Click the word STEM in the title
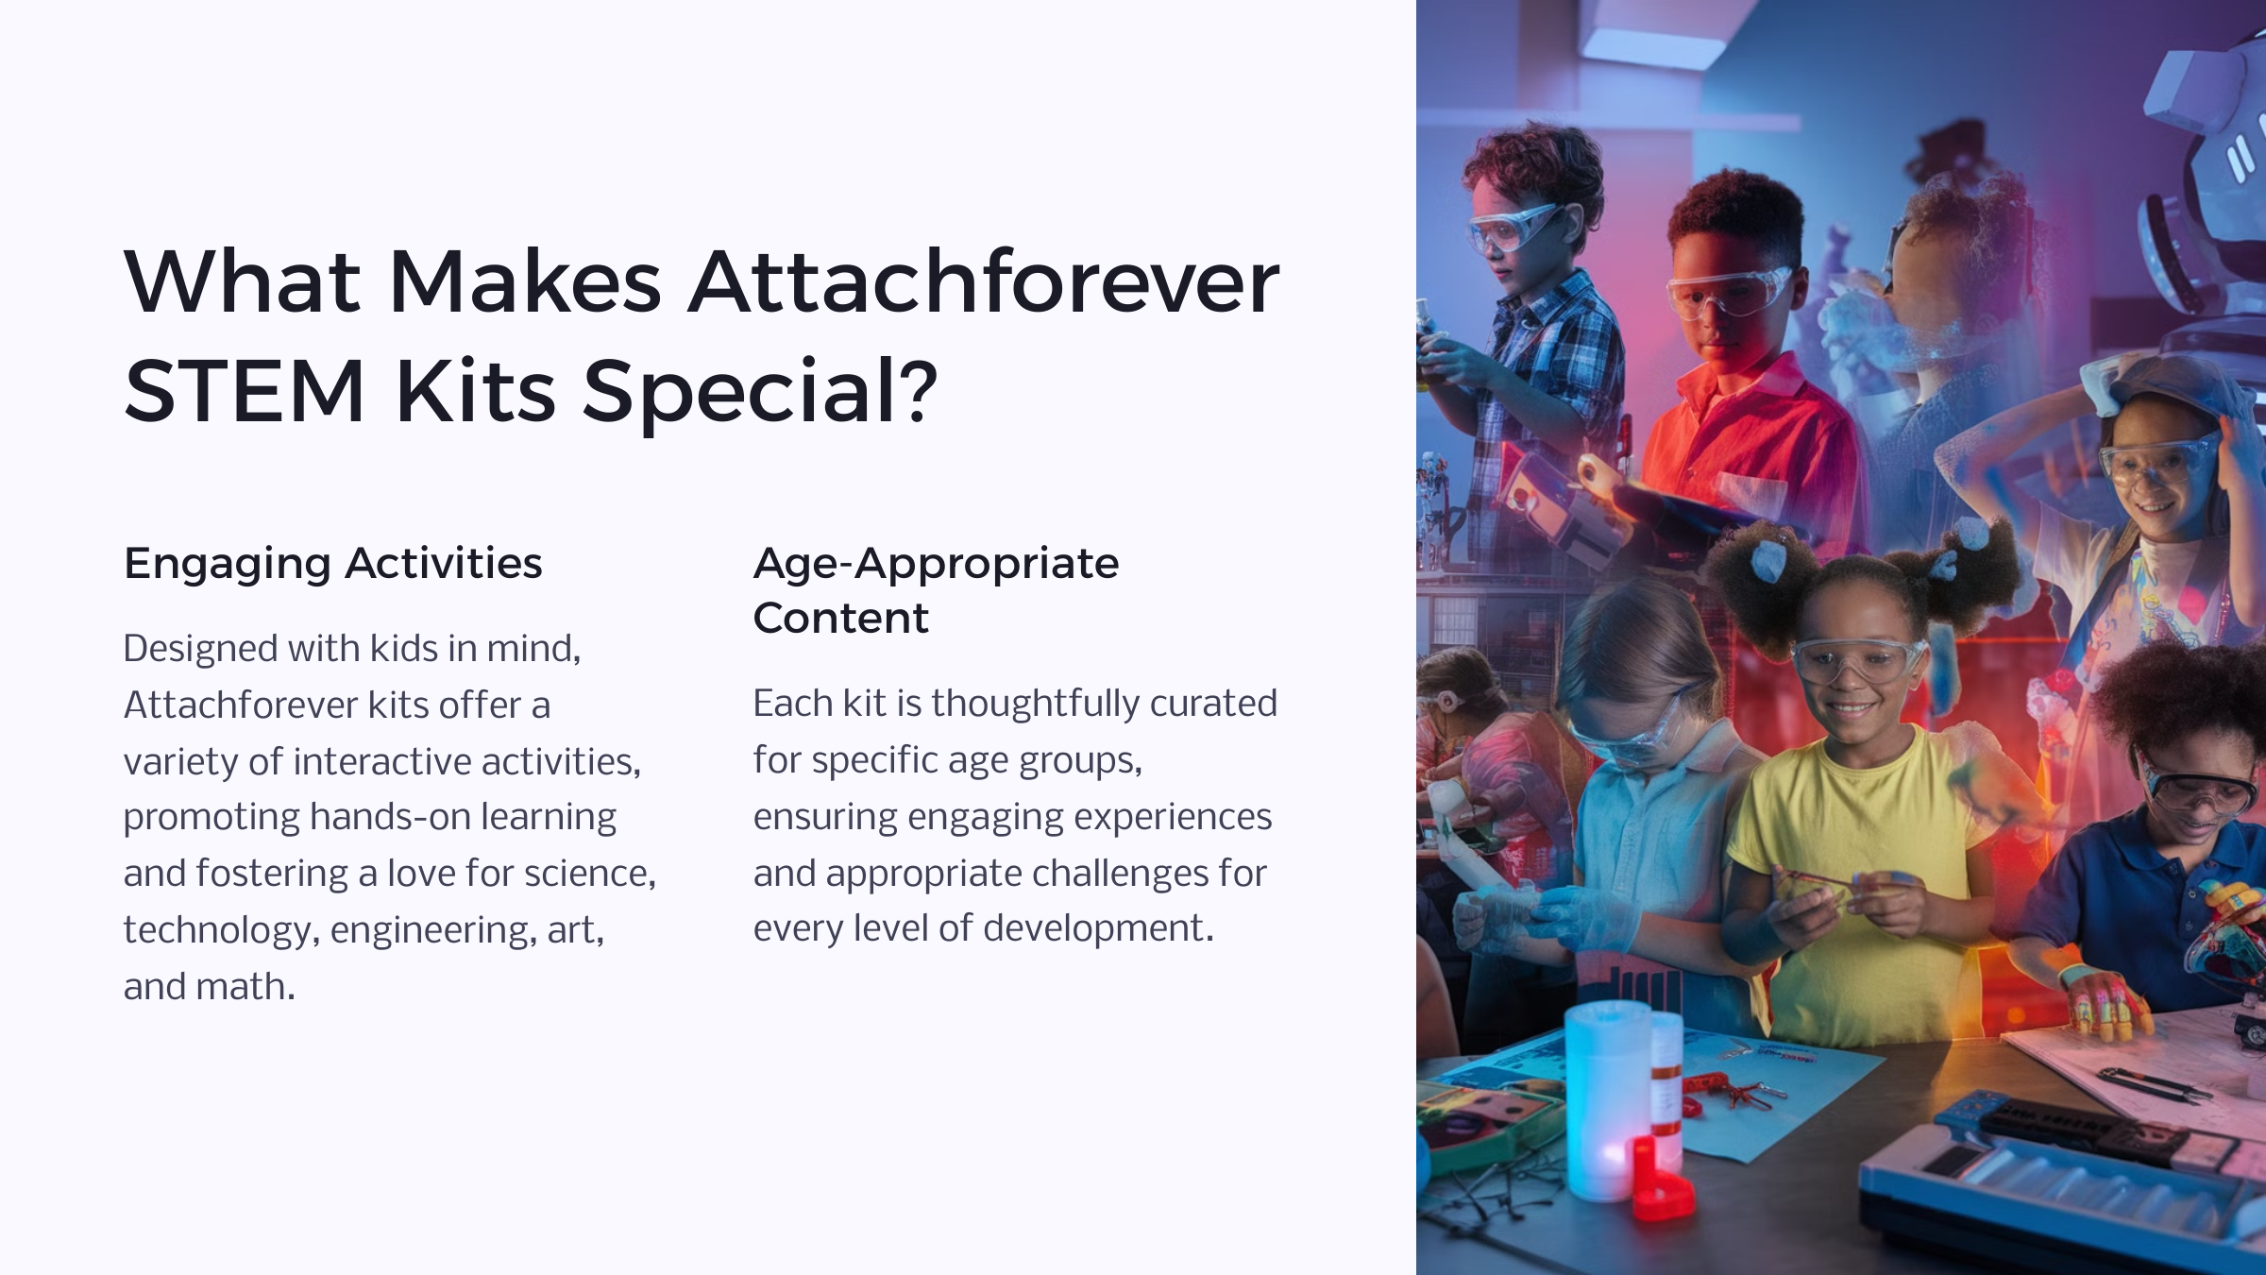point(245,391)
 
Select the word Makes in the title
point(525,281)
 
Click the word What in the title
point(242,281)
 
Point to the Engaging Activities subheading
point(333,565)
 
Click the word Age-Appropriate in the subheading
point(936,565)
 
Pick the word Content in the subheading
point(840,619)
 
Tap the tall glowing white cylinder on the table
point(1606,1100)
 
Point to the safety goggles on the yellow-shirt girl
point(1855,660)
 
